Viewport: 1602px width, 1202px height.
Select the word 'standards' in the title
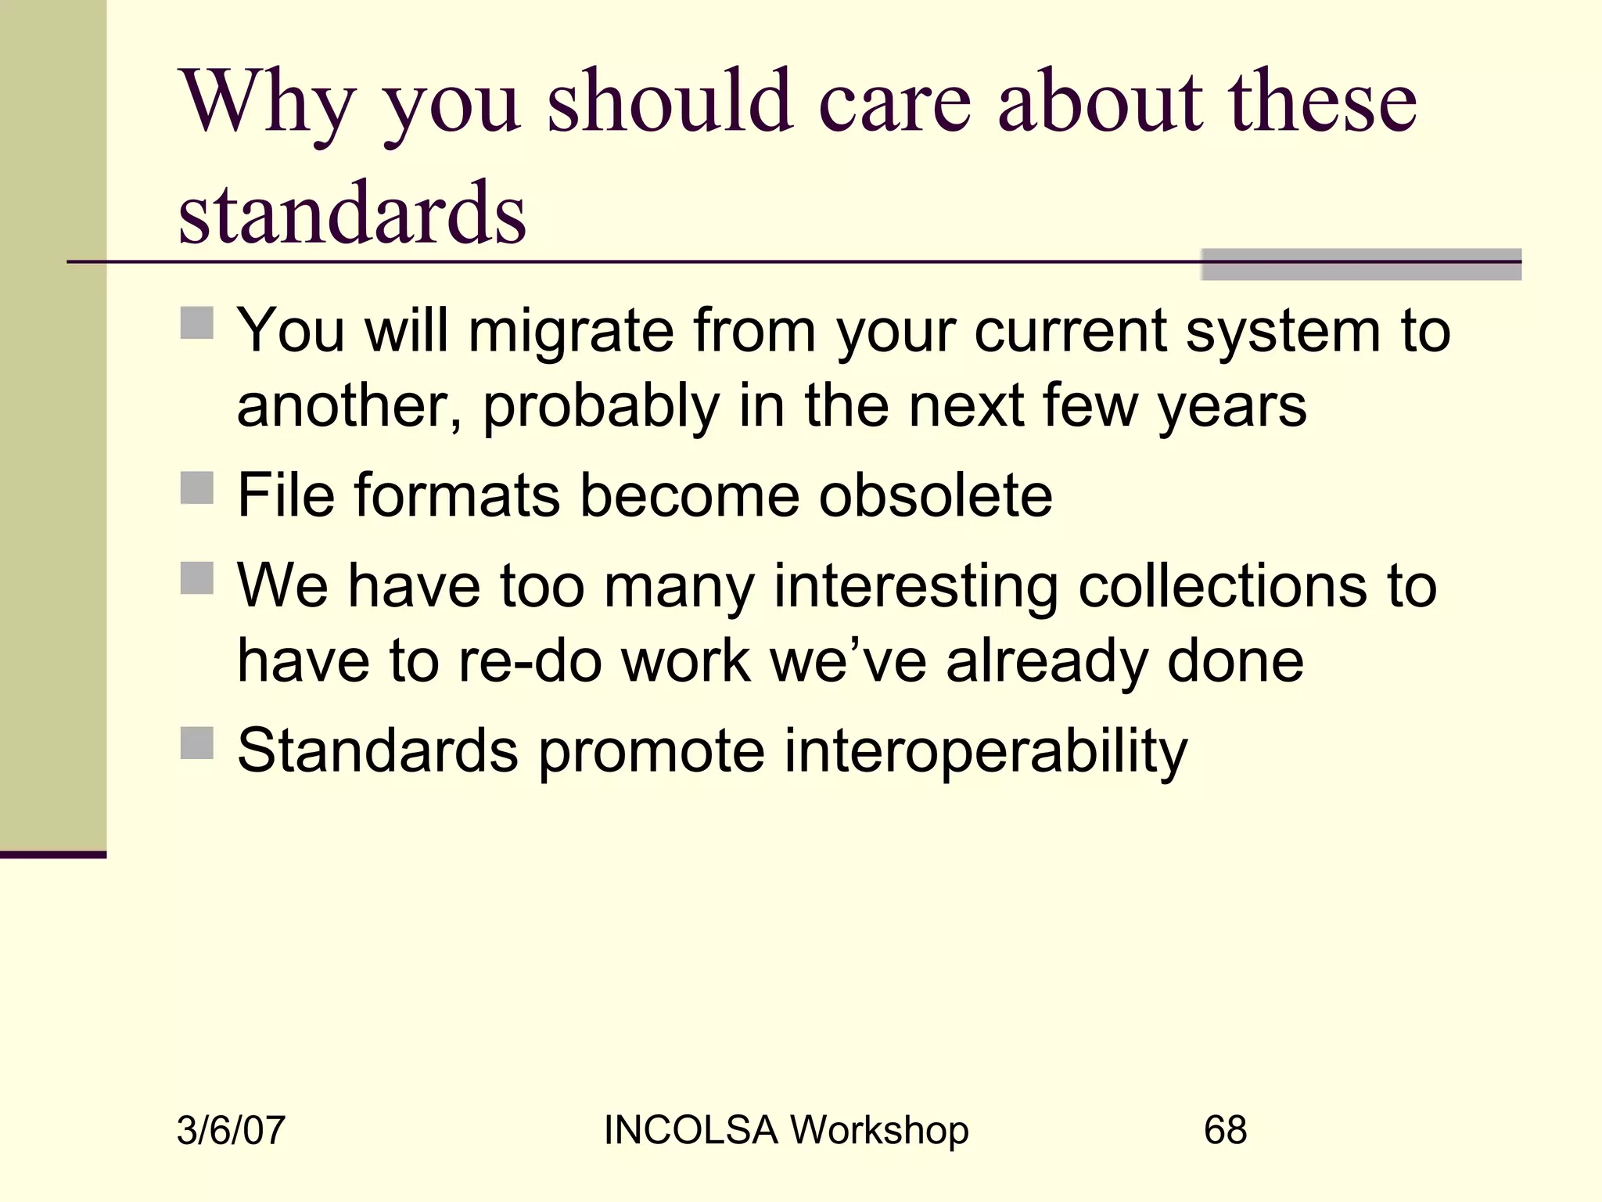(352, 213)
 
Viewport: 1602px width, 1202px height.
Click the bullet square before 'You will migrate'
(196, 322)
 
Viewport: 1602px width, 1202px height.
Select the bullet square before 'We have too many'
(196, 578)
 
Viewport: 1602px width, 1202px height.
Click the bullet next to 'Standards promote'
(196, 743)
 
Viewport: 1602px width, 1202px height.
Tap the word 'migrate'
(571, 331)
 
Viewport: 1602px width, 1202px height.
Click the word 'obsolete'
(936, 495)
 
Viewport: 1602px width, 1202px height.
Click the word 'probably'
(600, 406)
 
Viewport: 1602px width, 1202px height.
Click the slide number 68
(1225, 1130)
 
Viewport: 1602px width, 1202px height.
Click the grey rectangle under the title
(1360, 264)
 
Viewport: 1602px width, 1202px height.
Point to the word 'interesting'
(915, 586)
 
